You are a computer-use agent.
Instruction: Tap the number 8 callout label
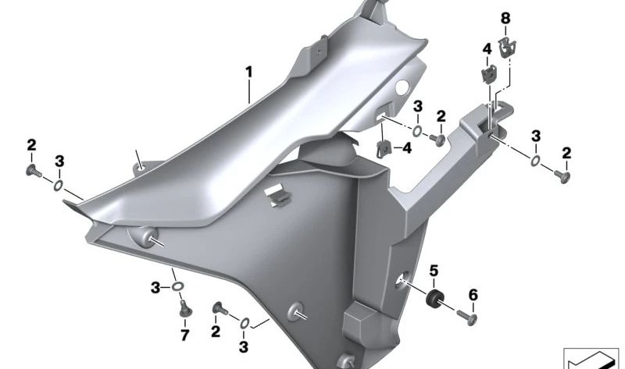(x=505, y=17)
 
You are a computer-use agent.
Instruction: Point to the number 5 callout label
(x=434, y=272)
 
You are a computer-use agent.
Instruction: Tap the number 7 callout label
(x=185, y=335)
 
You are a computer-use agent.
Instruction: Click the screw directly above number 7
(x=185, y=310)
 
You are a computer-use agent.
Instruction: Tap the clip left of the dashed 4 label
(x=384, y=145)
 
